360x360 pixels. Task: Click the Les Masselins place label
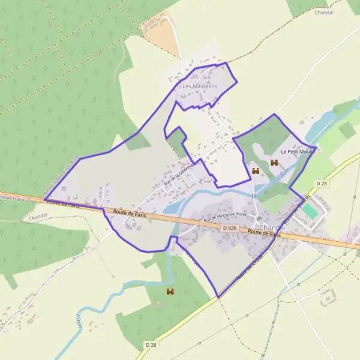click(x=199, y=86)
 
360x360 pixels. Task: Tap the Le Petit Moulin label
click(x=298, y=152)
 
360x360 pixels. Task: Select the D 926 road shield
click(x=229, y=228)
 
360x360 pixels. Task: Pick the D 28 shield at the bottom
click(x=151, y=345)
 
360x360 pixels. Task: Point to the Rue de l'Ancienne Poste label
click(x=225, y=217)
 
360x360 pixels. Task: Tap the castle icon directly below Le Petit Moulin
click(x=275, y=163)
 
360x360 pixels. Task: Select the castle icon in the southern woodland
click(x=170, y=292)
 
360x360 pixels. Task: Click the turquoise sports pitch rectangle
click(x=310, y=212)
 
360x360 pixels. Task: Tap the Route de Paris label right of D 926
click(x=265, y=233)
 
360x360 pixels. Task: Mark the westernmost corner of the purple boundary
click(x=45, y=200)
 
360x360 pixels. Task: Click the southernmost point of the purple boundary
click(x=218, y=297)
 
